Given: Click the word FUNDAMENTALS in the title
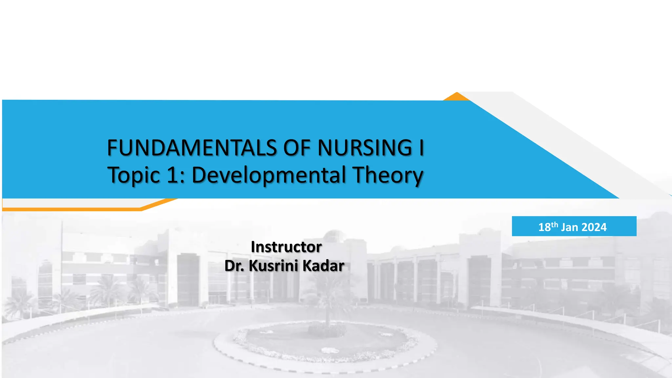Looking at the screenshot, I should pos(192,148).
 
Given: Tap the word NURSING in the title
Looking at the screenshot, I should pos(365,148).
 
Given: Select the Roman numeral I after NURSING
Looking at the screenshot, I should pos(421,148).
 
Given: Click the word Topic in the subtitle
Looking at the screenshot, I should pos(134,175).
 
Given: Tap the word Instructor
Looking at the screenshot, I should pos(286,247).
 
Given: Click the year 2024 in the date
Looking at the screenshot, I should pos(594,227).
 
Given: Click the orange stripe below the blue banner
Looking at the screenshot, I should pos(72,209).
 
